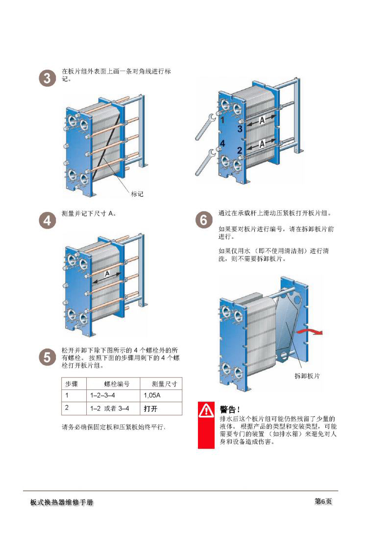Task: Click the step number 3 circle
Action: click(48, 78)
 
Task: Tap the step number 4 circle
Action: click(48, 221)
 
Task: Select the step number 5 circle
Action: click(48, 357)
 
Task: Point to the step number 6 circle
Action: click(204, 220)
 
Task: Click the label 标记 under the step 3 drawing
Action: click(137, 194)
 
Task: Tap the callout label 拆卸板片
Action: click(307, 376)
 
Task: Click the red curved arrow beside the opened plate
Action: click(310, 331)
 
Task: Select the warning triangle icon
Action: click(206, 410)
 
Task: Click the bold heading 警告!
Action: click(230, 409)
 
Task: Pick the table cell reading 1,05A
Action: click(152, 395)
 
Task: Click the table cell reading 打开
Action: click(150, 408)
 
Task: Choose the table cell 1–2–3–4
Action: click(102, 395)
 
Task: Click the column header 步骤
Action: click(72, 384)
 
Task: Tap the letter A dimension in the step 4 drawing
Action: click(107, 274)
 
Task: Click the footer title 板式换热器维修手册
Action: click(61, 502)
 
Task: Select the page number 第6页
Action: click(323, 501)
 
